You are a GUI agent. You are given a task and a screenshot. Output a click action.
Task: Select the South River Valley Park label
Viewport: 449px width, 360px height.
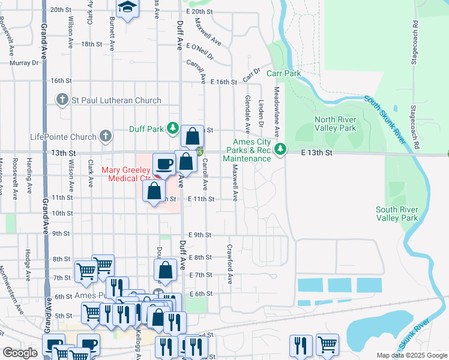click(397, 214)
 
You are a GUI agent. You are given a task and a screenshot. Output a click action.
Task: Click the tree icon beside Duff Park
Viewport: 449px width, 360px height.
click(173, 128)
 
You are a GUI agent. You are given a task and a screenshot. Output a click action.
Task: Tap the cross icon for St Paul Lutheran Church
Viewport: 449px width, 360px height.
click(61, 100)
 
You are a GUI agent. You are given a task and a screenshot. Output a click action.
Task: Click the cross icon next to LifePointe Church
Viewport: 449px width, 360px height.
click(106, 136)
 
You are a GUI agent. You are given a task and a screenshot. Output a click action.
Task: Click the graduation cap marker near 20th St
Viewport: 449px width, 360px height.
click(127, 8)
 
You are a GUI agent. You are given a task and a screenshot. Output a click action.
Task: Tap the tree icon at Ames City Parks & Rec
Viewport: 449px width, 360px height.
click(279, 149)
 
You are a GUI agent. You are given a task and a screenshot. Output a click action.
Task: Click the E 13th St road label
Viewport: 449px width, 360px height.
click(316, 153)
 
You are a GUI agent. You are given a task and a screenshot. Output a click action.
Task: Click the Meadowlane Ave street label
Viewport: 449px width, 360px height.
click(277, 111)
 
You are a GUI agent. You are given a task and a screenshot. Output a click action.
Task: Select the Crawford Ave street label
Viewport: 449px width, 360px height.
click(229, 264)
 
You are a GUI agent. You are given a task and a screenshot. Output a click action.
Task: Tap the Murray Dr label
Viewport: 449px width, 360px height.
click(23, 62)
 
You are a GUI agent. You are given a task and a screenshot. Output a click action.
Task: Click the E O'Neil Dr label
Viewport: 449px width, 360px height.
click(200, 50)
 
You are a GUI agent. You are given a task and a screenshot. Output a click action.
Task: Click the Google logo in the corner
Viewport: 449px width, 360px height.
click(20, 353)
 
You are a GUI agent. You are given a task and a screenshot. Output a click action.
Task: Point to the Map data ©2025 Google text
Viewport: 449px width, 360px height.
click(411, 355)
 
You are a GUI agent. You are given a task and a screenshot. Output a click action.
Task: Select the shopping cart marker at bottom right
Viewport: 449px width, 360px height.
click(327, 344)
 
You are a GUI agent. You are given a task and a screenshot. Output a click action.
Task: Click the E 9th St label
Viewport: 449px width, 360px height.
click(199, 235)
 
